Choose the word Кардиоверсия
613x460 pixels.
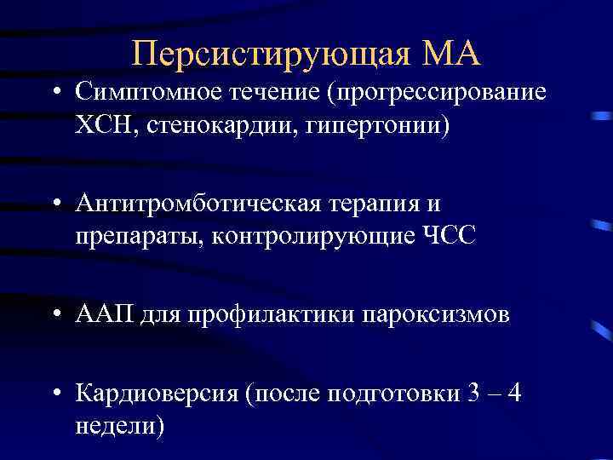tap(157, 393)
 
